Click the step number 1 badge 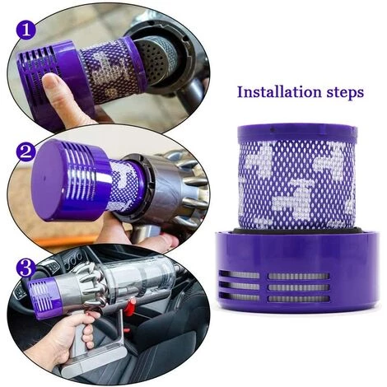[x=26, y=30]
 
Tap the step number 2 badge [x=26, y=152]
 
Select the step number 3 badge [x=26, y=268]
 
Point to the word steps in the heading [x=345, y=93]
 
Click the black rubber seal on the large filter [x=296, y=231]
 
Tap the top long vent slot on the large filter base [x=299, y=276]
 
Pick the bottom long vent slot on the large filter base [x=299, y=299]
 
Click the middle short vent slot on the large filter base [x=240, y=287]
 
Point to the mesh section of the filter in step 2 [x=124, y=185]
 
